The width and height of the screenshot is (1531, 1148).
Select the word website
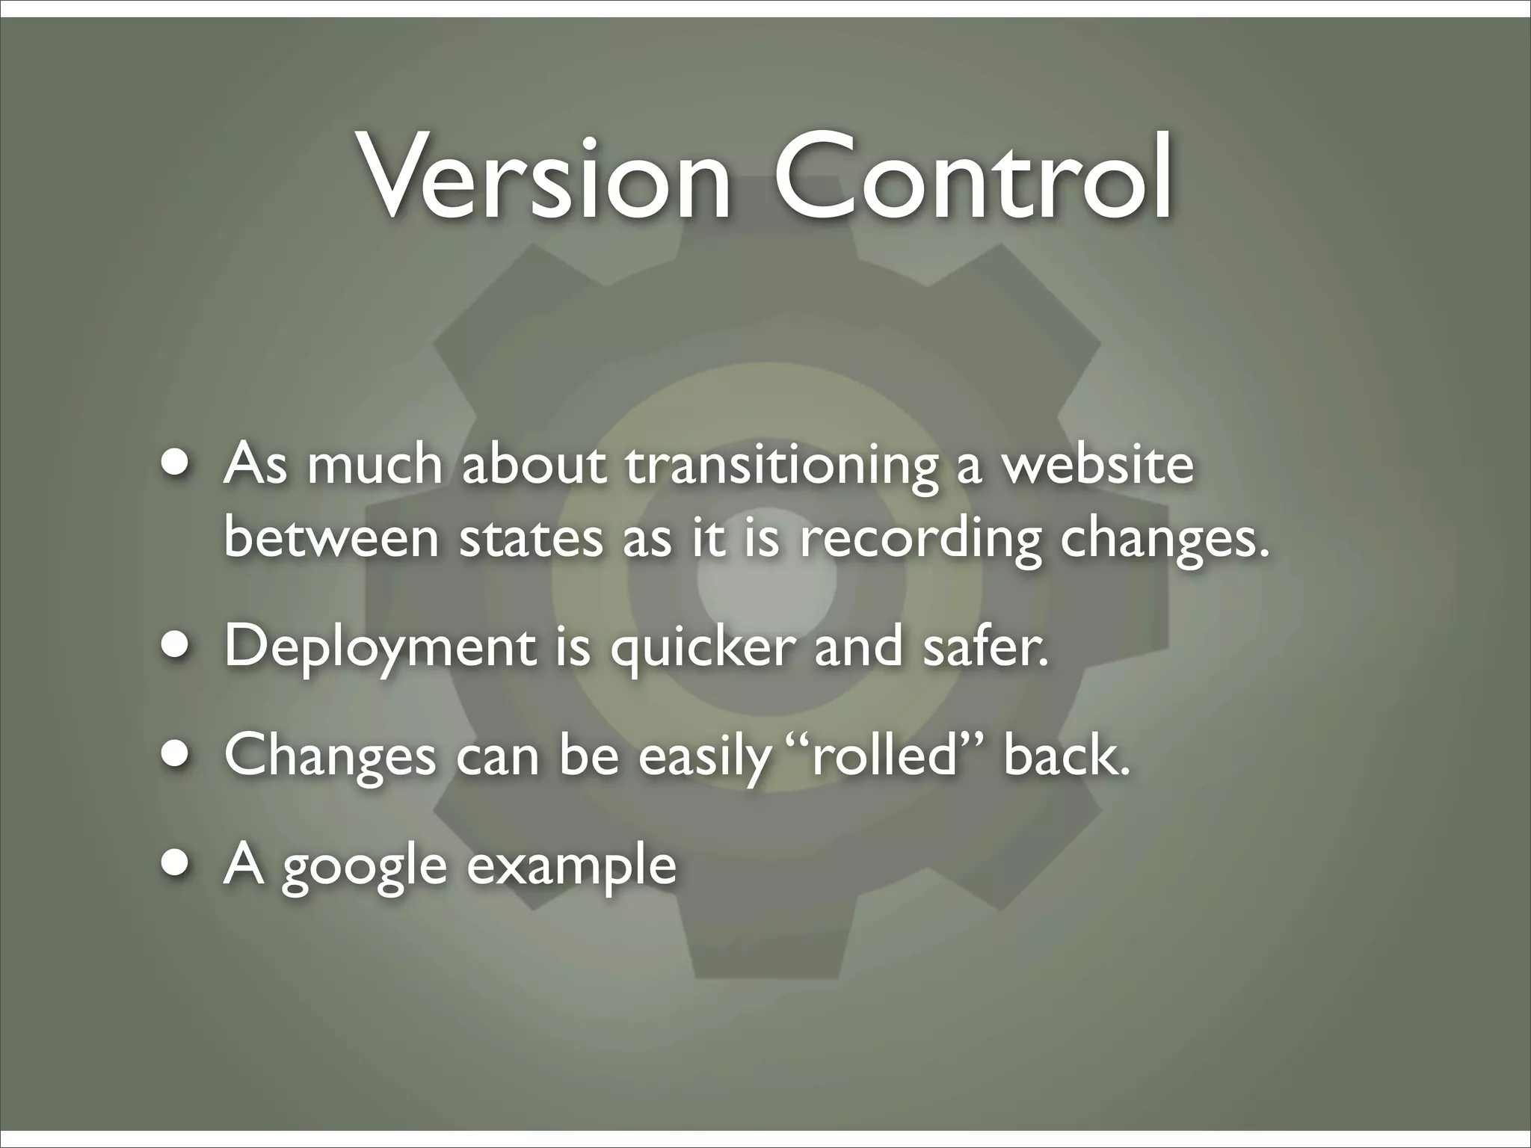pyautogui.click(x=1097, y=465)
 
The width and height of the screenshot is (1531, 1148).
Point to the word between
pyautogui.click(x=331, y=538)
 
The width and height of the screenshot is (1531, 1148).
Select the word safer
pyautogui.click(x=985, y=647)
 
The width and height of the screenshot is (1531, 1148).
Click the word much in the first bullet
pyautogui.click(x=375, y=465)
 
